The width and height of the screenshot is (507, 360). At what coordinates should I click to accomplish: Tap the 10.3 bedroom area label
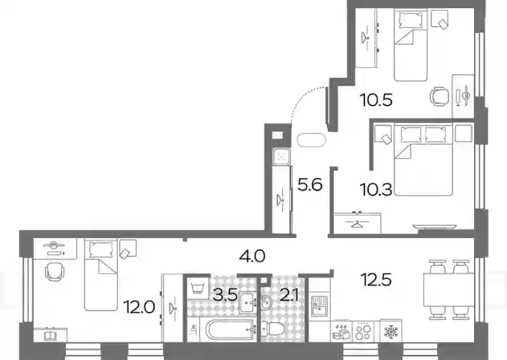coord(376,190)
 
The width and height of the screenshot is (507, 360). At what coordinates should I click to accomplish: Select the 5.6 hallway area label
coord(310,184)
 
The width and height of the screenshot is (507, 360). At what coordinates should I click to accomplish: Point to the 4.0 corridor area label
coord(252,257)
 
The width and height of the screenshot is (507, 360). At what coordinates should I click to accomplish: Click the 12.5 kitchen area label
coord(376,280)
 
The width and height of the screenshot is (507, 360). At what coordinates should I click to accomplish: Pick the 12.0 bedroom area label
coord(141,307)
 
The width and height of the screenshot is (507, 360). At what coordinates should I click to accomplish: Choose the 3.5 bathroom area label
coord(226,295)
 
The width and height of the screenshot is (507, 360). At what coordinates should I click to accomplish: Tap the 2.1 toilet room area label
coord(289,295)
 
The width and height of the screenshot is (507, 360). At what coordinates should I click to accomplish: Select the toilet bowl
coord(273,330)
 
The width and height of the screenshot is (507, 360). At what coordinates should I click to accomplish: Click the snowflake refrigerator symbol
coord(390,331)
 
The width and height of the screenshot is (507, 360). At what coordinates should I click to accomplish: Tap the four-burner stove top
coord(363,331)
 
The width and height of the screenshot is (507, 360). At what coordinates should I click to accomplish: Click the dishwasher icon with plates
coord(341,331)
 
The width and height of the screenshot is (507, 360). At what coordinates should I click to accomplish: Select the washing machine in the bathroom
coord(198,288)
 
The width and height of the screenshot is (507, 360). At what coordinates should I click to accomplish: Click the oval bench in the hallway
coord(311,140)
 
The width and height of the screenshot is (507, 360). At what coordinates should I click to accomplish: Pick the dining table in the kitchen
coord(449,290)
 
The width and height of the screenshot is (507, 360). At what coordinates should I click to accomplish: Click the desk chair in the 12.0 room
coord(54,271)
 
